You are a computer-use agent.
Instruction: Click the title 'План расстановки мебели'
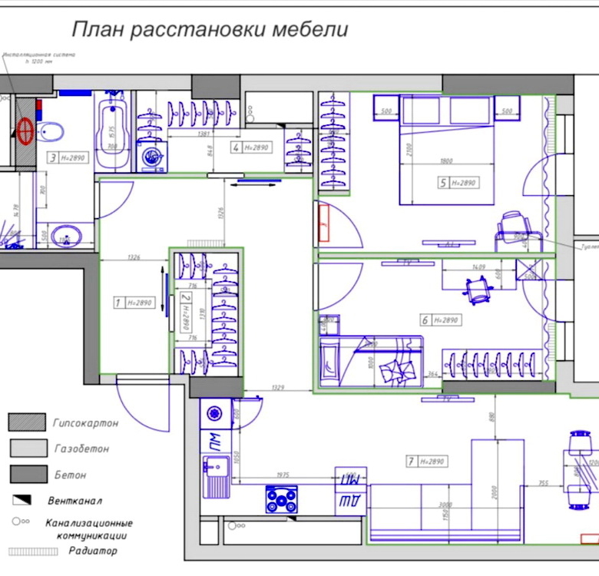coord(210,30)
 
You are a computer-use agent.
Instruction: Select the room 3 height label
coord(68,158)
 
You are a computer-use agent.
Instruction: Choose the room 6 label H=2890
coord(440,319)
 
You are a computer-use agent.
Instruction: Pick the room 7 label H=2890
coord(426,462)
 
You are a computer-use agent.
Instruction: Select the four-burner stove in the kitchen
coord(282,499)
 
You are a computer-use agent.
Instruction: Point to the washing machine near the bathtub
coord(152,157)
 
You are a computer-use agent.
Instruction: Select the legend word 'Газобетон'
coord(81,449)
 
